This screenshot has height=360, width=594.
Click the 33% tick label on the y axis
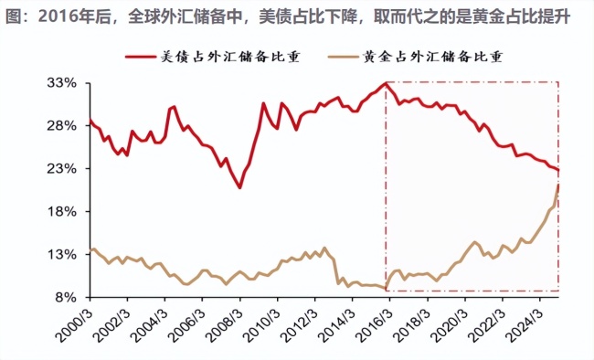click(x=60, y=83)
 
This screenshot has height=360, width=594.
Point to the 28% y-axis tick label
click(x=60, y=126)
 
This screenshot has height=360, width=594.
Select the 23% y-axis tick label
click(x=60, y=169)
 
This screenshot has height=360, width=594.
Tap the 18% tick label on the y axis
click(x=60, y=212)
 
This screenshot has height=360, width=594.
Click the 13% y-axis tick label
click(x=60, y=255)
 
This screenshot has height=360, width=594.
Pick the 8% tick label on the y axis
click(x=64, y=298)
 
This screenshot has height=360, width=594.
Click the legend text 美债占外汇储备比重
click(x=232, y=57)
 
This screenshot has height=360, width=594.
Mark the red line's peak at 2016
click(x=386, y=83)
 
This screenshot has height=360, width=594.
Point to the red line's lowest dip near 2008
click(x=239, y=187)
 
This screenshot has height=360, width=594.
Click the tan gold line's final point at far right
click(x=557, y=185)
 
